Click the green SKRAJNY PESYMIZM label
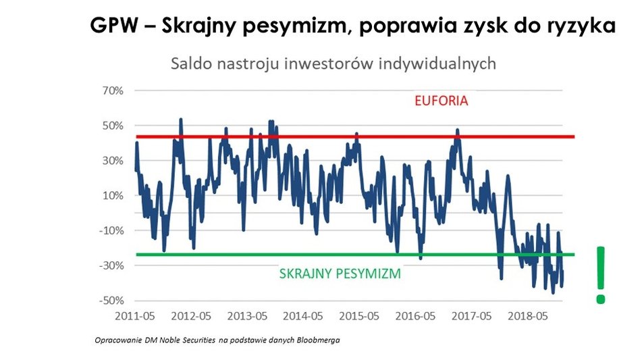(340, 274)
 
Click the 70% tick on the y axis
(112, 91)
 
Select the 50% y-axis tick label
(112, 126)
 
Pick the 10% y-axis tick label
(112, 196)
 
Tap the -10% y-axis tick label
(111, 230)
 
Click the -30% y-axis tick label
(111, 265)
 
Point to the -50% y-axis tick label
(111, 301)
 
